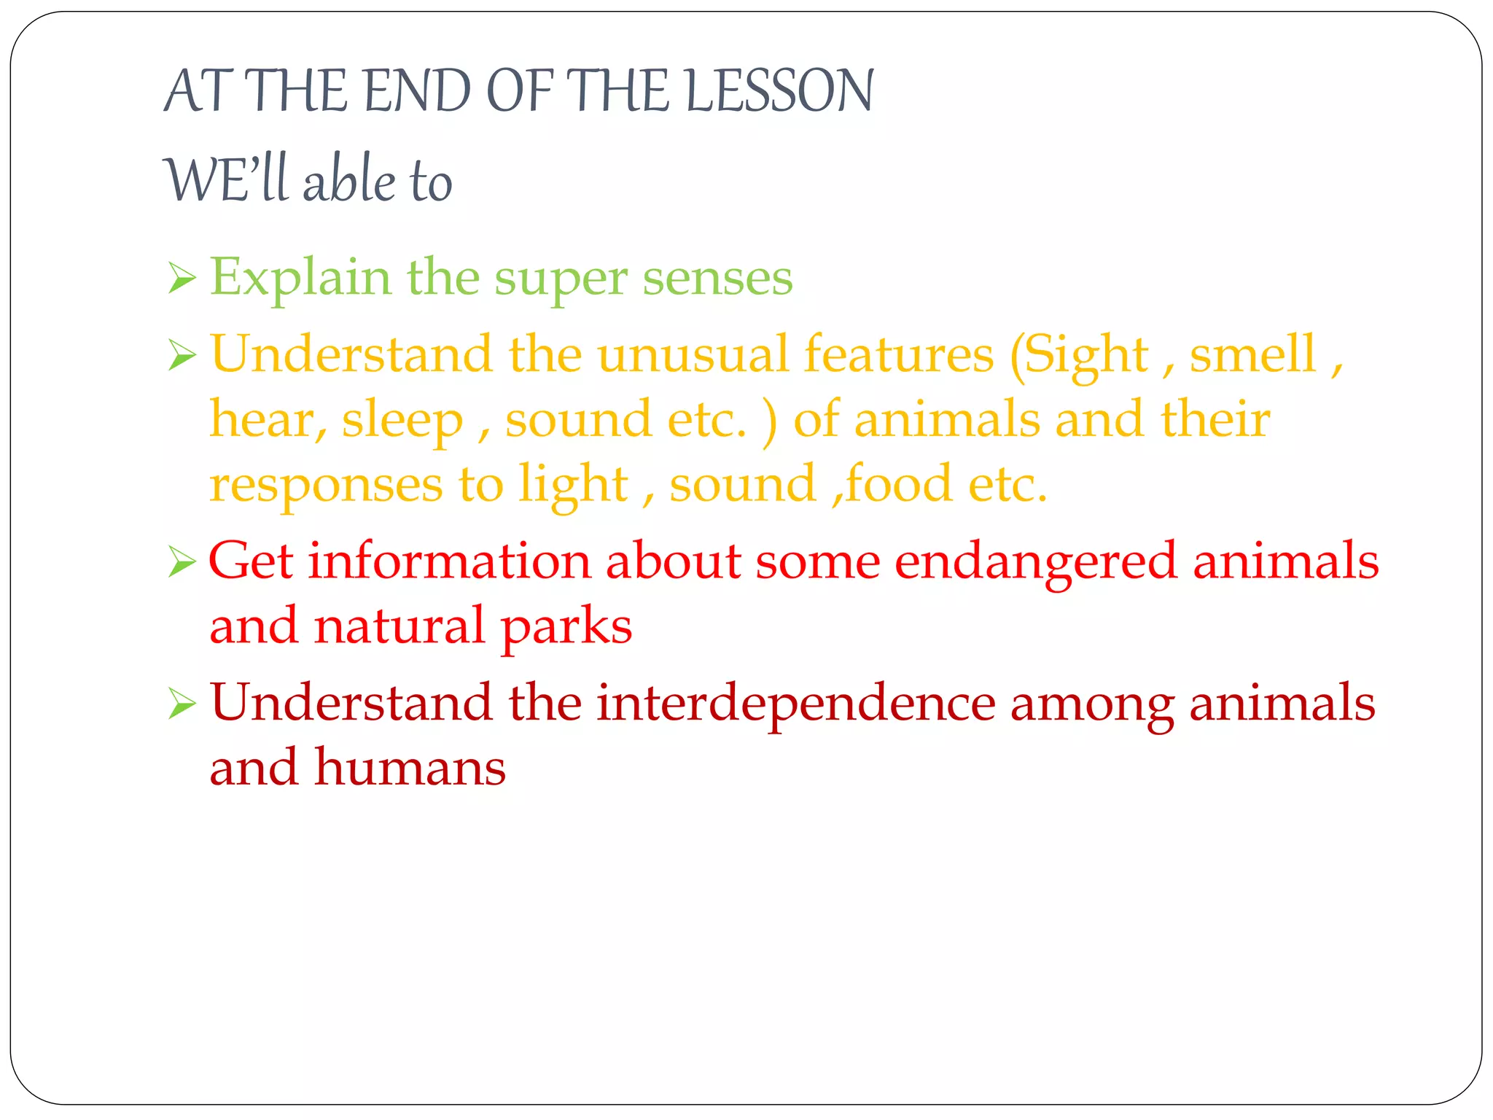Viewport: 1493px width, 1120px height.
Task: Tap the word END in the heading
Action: coord(417,91)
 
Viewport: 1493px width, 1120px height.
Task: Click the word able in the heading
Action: coord(349,180)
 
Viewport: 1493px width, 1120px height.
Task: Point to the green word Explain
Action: coord(300,279)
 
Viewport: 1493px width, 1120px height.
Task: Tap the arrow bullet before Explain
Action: coord(182,278)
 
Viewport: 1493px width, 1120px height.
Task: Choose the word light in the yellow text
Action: coord(573,485)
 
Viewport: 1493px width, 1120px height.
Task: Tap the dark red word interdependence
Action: coord(796,704)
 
